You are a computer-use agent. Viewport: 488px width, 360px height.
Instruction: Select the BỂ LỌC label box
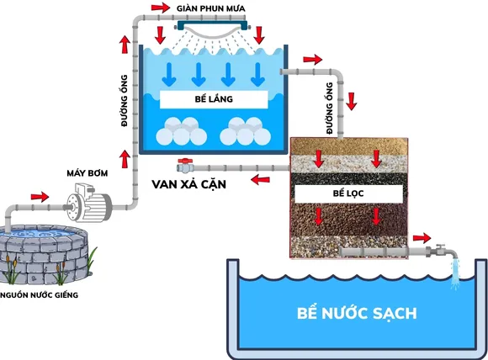coord(347,193)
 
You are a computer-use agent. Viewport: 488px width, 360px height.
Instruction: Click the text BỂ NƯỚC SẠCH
coord(358,315)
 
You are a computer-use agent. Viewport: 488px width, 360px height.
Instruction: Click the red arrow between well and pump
coord(39,196)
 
